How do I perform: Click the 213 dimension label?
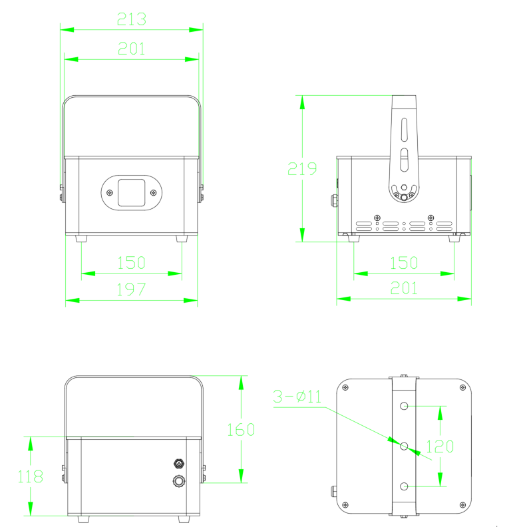pos(132,19)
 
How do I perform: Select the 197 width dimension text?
pos(131,289)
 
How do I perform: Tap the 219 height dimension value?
pos(302,169)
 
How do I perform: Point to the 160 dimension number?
pos(241,430)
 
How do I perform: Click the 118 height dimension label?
pos(30,476)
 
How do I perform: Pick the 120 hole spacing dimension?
pos(440,446)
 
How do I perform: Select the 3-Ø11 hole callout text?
pos(297,397)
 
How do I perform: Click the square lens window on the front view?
pos(132,192)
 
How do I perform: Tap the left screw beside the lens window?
pos(110,192)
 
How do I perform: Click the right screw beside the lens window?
pos(153,192)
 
